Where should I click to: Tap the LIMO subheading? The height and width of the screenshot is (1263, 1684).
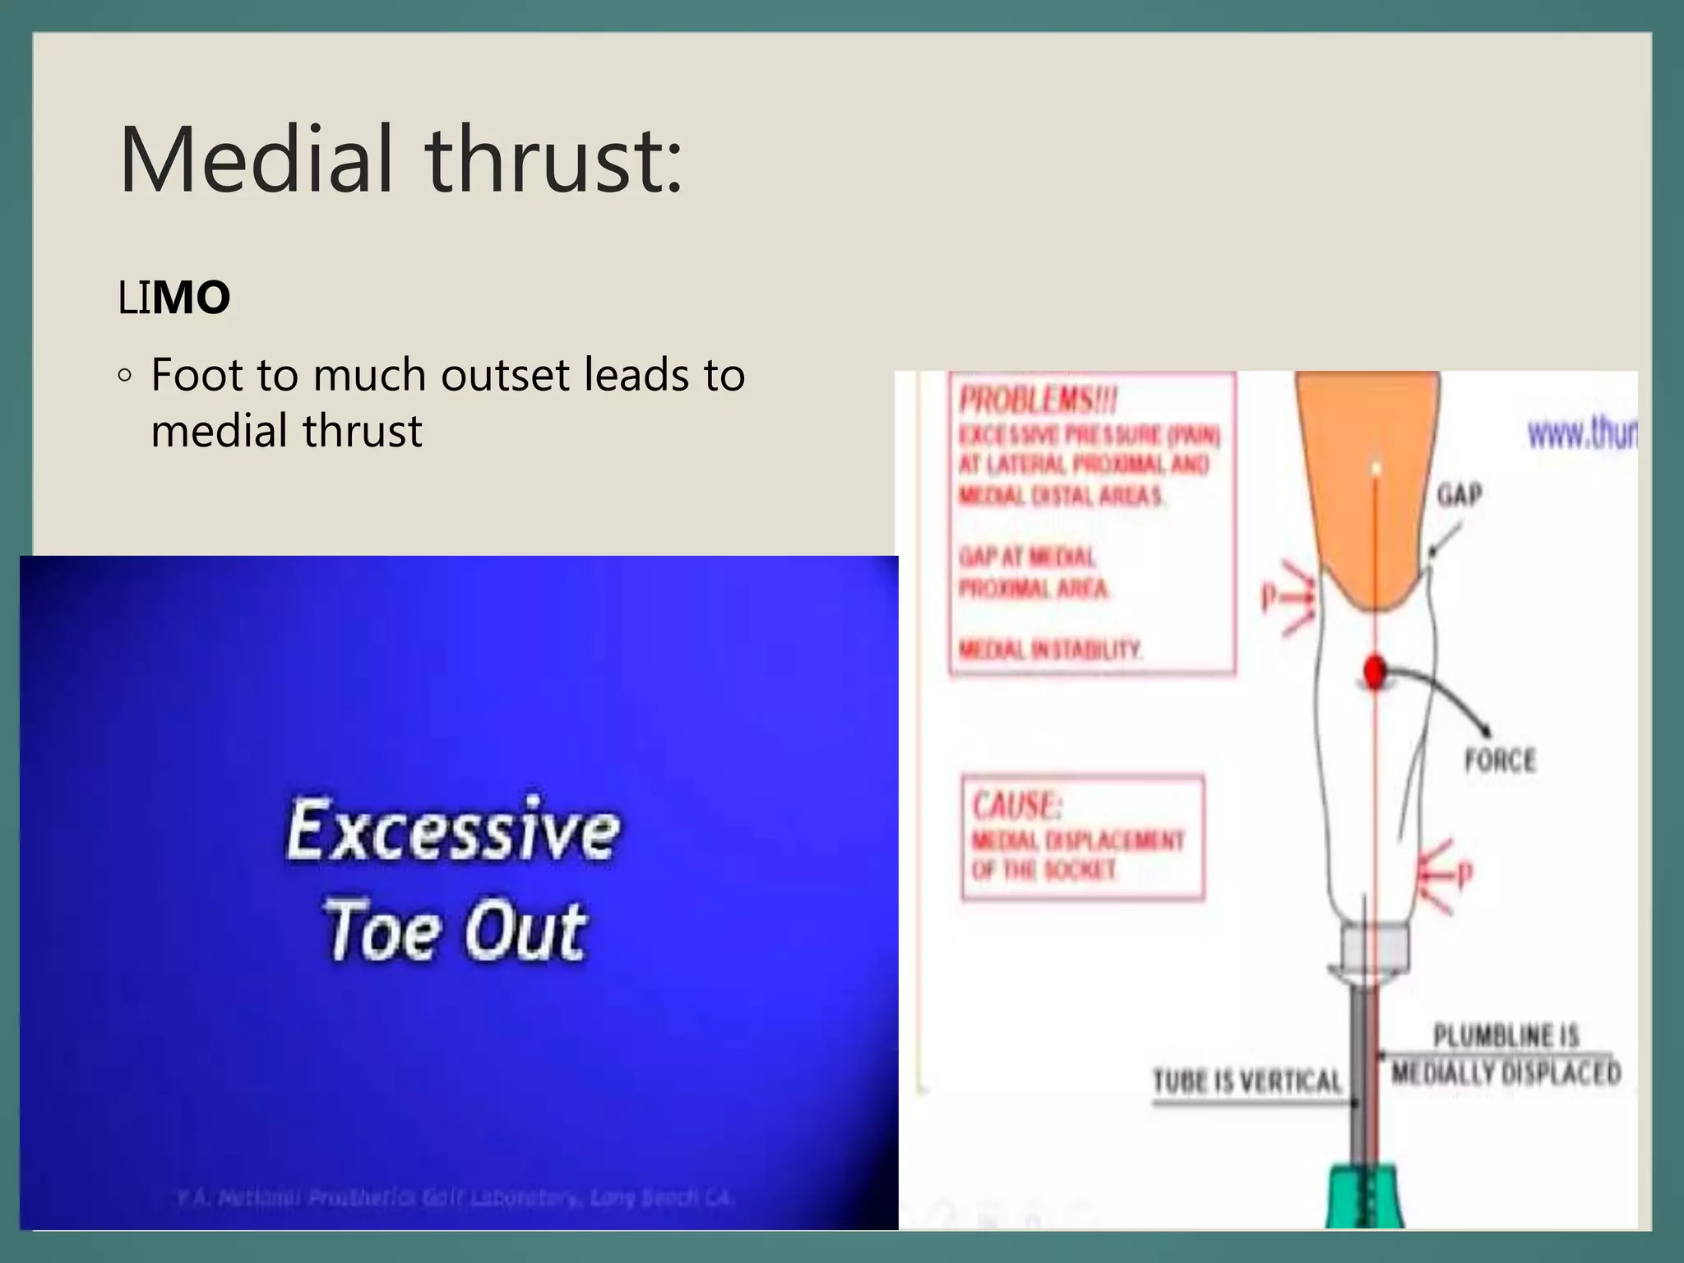[173, 297]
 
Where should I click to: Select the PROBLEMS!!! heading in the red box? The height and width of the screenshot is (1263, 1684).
[1038, 401]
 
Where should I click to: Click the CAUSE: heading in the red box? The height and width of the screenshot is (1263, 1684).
[1017, 805]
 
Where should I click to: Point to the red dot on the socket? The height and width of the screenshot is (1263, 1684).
[1374, 672]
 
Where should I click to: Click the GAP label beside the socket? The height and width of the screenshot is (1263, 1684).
[1460, 495]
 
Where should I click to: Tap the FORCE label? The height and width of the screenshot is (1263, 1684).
[1500, 760]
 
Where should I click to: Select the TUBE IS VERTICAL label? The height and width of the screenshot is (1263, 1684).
[1247, 1080]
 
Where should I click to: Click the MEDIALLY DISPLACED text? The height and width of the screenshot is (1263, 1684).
[1506, 1073]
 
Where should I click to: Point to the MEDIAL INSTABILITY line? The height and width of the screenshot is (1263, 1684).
[1050, 650]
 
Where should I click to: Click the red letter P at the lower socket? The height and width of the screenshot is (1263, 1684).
[1464, 875]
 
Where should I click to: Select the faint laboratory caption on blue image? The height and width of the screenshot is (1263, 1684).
[454, 1198]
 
